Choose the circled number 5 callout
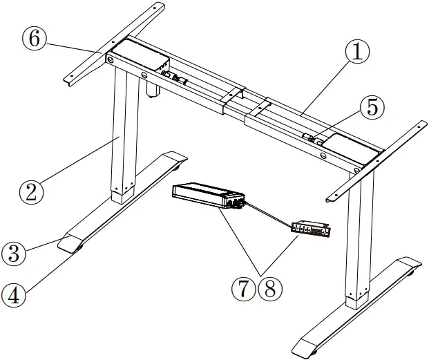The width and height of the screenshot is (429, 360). point(372,107)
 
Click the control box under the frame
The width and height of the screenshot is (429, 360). point(207,196)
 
